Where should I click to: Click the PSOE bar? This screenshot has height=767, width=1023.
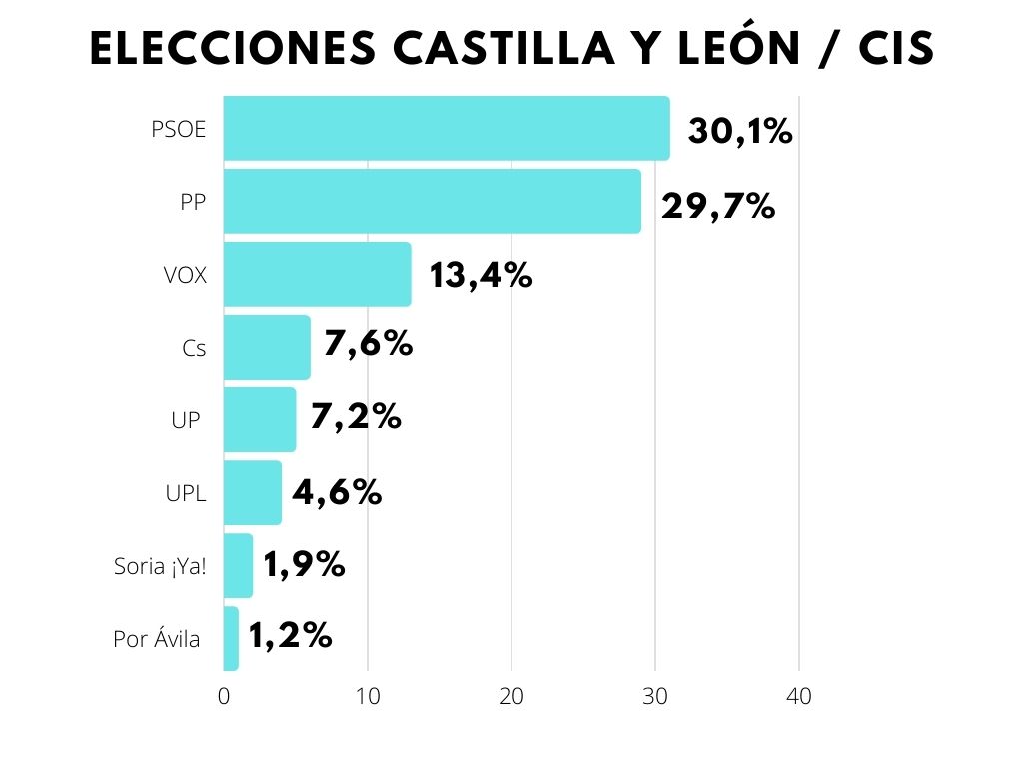(446, 128)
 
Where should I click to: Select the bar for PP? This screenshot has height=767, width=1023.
(432, 201)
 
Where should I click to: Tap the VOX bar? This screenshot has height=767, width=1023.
(317, 274)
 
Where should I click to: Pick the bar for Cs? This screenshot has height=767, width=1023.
(267, 347)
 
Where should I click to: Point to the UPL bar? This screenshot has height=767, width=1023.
(252, 492)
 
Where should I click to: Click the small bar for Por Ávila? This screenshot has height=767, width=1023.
(231, 638)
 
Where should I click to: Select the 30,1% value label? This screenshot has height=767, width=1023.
(740, 130)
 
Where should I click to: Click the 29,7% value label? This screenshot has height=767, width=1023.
(718, 206)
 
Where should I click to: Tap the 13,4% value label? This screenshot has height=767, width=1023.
(481, 275)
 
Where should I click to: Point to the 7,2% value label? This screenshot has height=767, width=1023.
(356, 417)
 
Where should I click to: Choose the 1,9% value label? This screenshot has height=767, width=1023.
(304, 565)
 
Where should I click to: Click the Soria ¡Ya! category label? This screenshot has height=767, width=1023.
(160, 568)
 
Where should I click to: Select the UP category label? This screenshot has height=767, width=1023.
(185, 420)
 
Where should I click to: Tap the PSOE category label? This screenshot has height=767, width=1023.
(179, 129)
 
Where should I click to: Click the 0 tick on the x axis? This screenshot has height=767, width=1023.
(223, 698)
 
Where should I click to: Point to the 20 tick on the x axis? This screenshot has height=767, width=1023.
(511, 698)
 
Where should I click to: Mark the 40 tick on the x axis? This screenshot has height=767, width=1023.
(798, 698)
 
